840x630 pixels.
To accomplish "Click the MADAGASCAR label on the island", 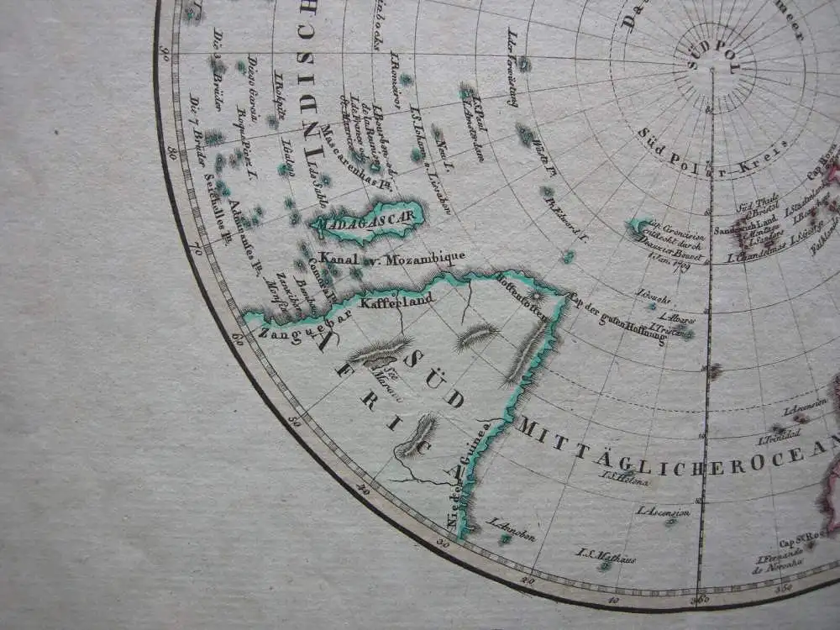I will coord(367,218).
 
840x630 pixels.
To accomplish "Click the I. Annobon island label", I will coord(511,529).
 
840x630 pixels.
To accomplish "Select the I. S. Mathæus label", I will coord(605,555).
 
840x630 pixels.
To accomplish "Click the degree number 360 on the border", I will coord(700,599).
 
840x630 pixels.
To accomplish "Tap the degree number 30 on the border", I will coord(444,543).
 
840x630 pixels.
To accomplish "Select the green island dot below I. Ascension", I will coord(670,522).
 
